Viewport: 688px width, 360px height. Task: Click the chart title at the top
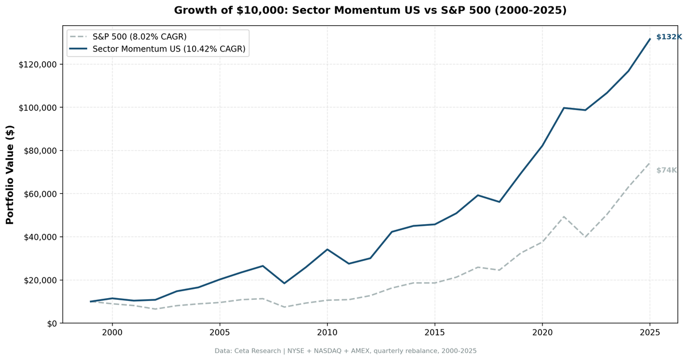[x=370, y=10]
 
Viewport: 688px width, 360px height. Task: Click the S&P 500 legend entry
[x=139, y=37]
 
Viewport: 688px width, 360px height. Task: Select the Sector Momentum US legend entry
[x=169, y=49]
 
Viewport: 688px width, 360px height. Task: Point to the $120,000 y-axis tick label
[x=38, y=64]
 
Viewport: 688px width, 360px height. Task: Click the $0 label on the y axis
[x=51, y=323]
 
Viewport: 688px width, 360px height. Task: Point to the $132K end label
[x=669, y=37]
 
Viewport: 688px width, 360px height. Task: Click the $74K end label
[x=666, y=170]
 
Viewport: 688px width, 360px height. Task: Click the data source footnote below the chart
[x=346, y=351]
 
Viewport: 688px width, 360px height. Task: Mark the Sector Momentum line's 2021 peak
[x=564, y=108]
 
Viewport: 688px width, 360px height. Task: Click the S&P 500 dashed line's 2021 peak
[x=564, y=217]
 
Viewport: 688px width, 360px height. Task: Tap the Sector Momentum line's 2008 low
[x=284, y=283]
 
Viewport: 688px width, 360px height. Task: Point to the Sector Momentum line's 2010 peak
[x=327, y=249]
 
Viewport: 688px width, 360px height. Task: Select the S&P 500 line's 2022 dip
[x=585, y=237]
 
